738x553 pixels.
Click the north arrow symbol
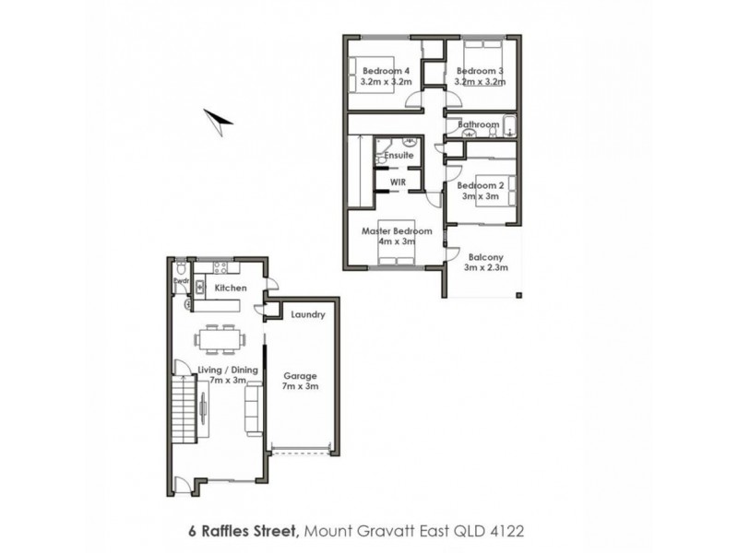(219, 118)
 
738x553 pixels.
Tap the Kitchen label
(231, 288)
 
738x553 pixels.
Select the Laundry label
(307, 314)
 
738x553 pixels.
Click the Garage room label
(301, 376)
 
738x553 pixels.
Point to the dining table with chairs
(220, 337)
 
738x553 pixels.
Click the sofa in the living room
(252, 408)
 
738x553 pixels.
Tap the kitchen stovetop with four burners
(220, 268)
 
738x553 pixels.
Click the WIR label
(399, 182)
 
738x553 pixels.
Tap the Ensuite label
(399, 156)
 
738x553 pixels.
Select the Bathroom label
(479, 125)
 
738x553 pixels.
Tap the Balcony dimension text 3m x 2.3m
(485, 269)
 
